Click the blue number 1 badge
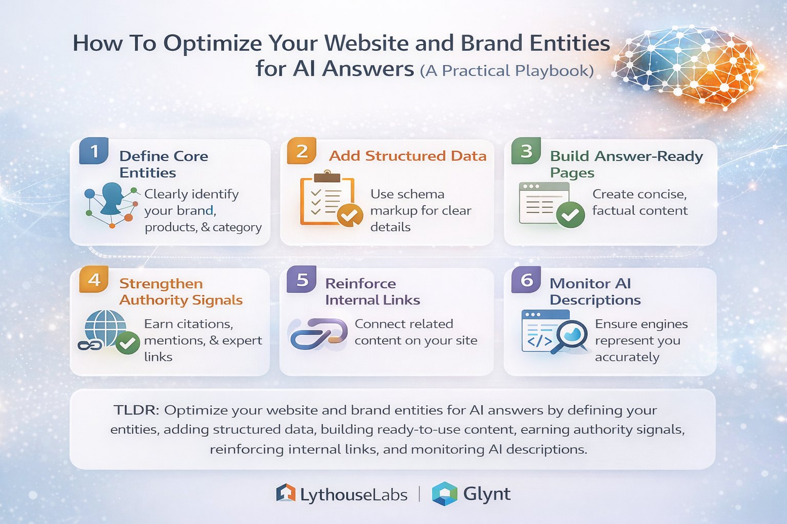click(x=94, y=151)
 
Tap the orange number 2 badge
click(x=302, y=151)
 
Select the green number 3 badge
click(x=526, y=151)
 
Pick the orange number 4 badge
click(x=94, y=280)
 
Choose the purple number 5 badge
click(x=302, y=280)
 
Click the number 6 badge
click(x=526, y=280)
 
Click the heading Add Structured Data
click(x=407, y=156)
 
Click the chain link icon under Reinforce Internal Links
click(x=318, y=334)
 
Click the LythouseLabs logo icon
click(x=286, y=493)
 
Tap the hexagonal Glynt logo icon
click(x=444, y=494)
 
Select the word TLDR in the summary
click(x=136, y=410)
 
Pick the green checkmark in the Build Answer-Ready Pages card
click(x=570, y=215)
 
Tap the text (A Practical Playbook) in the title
click(x=507, y=71)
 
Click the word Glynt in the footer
click(x=487, y=494)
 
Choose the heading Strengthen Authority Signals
click(x=181, y=292)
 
